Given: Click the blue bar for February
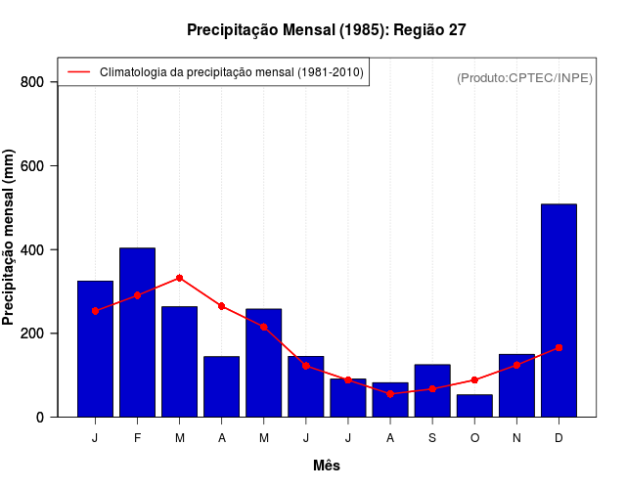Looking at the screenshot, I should pyautogui.click(x=137, y=333).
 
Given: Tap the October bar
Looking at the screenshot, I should pyautogui.click(x=474, y=406).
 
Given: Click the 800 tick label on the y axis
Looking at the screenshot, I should pyautogui.click(x=33, y=82).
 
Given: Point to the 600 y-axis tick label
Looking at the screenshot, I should pyautogui.click(x=33, y=166).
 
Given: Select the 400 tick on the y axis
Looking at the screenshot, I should pyautogui.click(x=33, y=250).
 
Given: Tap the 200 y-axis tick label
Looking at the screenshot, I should pyautogui.click(x=33, y=333).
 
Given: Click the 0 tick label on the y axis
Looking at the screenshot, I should pyautogui.click(x=40, y=418).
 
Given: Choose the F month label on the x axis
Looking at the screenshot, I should pyautogui.click(x=137, y=438).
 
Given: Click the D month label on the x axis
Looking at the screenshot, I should pyautogui.click(x=559, y=438).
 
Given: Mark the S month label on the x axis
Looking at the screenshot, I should pyautogui.click(x=432, y=438).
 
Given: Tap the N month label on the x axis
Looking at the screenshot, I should pyautogui.click(x=516, y=438).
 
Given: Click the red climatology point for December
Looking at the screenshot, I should pyautogui.click(x=559, y=347).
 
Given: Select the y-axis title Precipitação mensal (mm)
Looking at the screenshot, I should pyautogui.click(x=10, y=238).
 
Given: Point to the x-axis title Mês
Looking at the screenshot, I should pyautogui.click(x=327, y=466).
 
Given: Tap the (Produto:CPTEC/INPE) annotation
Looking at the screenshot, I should pyautogui.click(x=525, y=77).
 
